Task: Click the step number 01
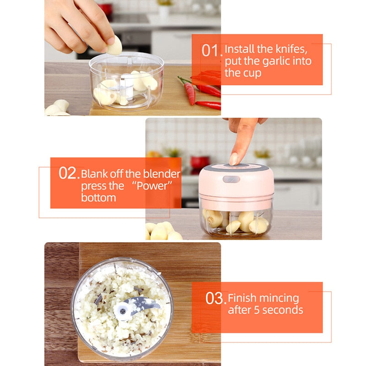pos(212,50)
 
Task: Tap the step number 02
pos(69,173)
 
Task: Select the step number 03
pos(215,298)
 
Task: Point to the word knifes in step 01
pos(291,49)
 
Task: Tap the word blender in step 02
pos(161,174)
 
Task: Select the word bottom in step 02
pos(98,198)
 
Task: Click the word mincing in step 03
pos(279,299)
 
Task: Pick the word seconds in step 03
pos(283,310)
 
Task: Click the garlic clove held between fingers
pos(114,46)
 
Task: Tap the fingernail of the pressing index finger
pos(234,159)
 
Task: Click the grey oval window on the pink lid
pos(231,179)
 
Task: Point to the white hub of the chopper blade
pos(122,311)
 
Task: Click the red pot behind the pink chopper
pos(200,162)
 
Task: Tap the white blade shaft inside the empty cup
pos(127,88)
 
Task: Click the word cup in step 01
pos(253,74)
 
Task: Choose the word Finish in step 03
pos(242,298)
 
